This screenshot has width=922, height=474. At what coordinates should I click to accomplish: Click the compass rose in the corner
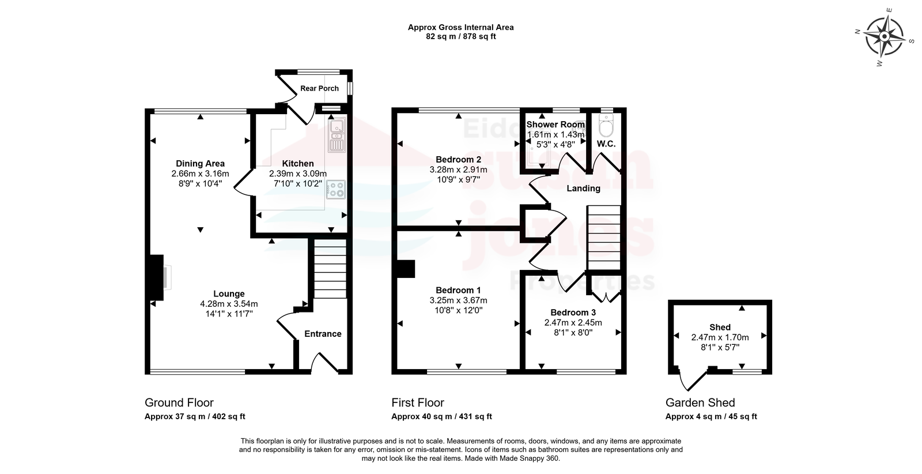pyautogui.click(x=884, y=37)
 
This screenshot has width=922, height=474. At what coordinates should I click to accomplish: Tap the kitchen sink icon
pyautogui.click(x=337, y=135)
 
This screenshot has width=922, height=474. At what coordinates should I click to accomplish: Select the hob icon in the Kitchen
pyautogui.click(x=336, y=190)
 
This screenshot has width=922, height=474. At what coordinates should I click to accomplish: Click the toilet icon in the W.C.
pyautogui.click(x=606, y=126)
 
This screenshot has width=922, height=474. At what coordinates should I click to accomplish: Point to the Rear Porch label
pyautogui.click(x=319, y=88)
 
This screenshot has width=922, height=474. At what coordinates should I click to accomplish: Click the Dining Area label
pyautogui.click(x=200, y=164)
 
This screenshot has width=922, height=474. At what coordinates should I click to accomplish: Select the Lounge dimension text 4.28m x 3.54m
pyautogui.click(x=229, y=304)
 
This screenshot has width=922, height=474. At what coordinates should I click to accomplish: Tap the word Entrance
pyautogui.click(x=323, y=334)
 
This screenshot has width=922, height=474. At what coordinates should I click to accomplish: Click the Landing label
pyautogui.click(x=583, y=189)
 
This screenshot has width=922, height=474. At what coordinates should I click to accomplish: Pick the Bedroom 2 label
pyautogui.click(x=458, y=159)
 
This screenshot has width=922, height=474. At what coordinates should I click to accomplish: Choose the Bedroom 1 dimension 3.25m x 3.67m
pyautogui.click(x=458, y=300)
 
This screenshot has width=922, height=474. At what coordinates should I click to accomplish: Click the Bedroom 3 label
pyautogui.click(x=573, y=313)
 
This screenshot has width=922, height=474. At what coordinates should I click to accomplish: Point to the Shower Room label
pyautogui.click(x=556, y=125)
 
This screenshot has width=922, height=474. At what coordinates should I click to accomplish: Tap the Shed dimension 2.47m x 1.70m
pyautogui.click(x=720, y=337)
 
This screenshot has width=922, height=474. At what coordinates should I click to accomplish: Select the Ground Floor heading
pyautogui.click(x=179, y=402)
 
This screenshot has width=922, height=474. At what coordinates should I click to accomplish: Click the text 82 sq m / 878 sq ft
pyautogui.click(x=460, y=37)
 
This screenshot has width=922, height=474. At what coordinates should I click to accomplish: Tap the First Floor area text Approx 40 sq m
pyautogui.click(x=422, y=416)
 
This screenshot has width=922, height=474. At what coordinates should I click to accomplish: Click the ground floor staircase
pyautogui.click(x=330, y=269)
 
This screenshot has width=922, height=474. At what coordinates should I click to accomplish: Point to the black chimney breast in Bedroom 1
pyautogui.click(x=406, y=269)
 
